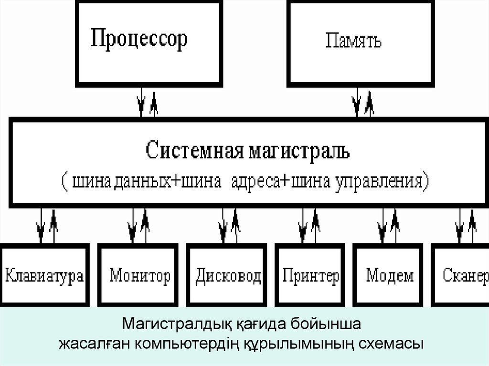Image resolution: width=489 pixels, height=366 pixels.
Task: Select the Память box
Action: tap(353, 41)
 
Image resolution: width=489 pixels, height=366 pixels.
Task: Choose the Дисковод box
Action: tap(228, 275)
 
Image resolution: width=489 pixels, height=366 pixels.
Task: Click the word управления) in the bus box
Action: tap(377, 182)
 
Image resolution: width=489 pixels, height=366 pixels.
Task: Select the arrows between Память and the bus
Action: tap(362, 103)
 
